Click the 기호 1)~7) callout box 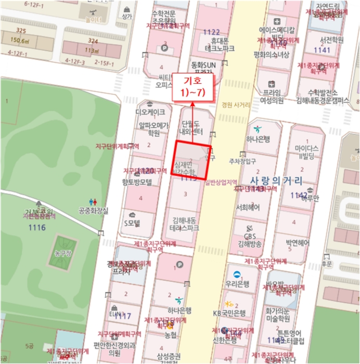tap(193, 86)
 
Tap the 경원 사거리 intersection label tap(235, 105)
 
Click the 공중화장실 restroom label tap(94, 211)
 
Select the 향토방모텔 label tap(137, 182)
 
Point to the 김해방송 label tap(249, 244)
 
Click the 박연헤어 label tap(298, 243)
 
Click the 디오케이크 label tap(150, 112)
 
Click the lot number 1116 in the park tap(37, 227)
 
